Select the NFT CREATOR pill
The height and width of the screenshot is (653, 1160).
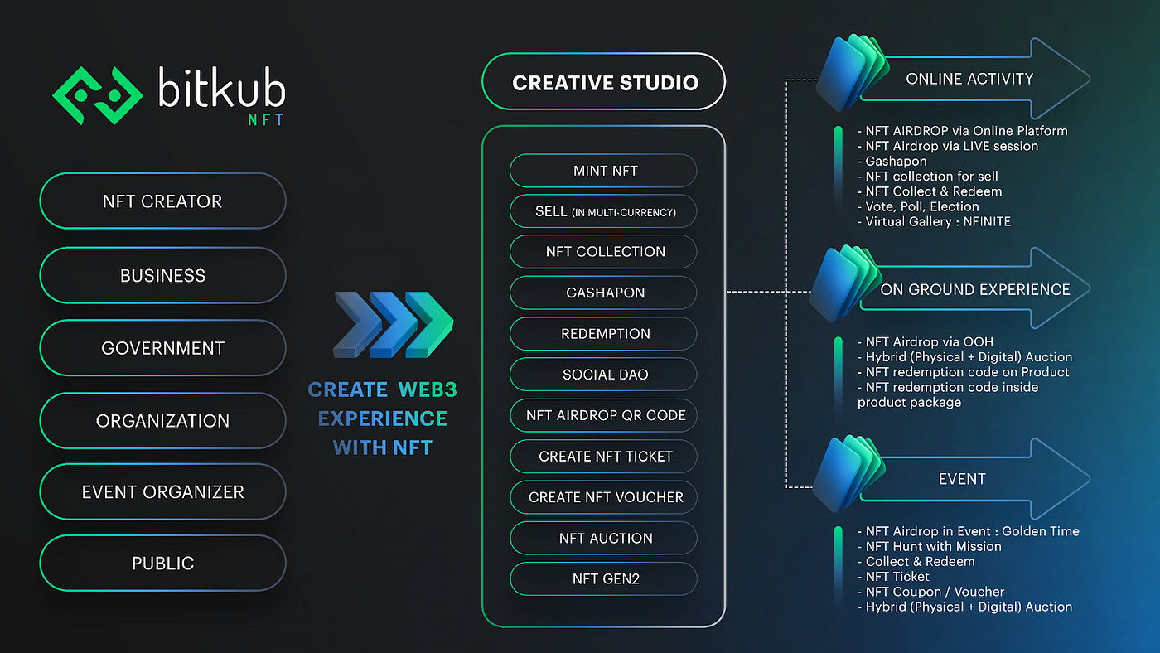pos(162,201)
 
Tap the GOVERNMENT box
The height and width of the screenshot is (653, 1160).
pos(162,348)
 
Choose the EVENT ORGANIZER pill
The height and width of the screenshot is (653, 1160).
pos(162,491)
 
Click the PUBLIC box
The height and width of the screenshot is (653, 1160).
pos(162,564)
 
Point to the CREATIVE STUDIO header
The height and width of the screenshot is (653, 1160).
pos(604,82)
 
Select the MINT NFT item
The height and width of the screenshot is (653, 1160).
pos(604,171)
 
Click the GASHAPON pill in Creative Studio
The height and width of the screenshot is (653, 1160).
pos(604,293)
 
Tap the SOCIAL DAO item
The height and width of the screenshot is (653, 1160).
pos(604,375)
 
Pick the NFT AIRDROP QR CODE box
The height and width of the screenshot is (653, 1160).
pos(604,415)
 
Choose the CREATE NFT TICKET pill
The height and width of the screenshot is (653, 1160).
pos(604,457)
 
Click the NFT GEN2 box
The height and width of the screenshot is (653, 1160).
pos(604,579)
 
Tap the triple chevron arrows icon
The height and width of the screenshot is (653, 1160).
pos(393,324)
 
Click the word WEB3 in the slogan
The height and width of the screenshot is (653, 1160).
pos(427,389)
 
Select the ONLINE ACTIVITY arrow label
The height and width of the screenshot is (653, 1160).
pos(969,79)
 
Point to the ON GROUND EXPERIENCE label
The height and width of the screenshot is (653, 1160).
pos(974,289)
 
